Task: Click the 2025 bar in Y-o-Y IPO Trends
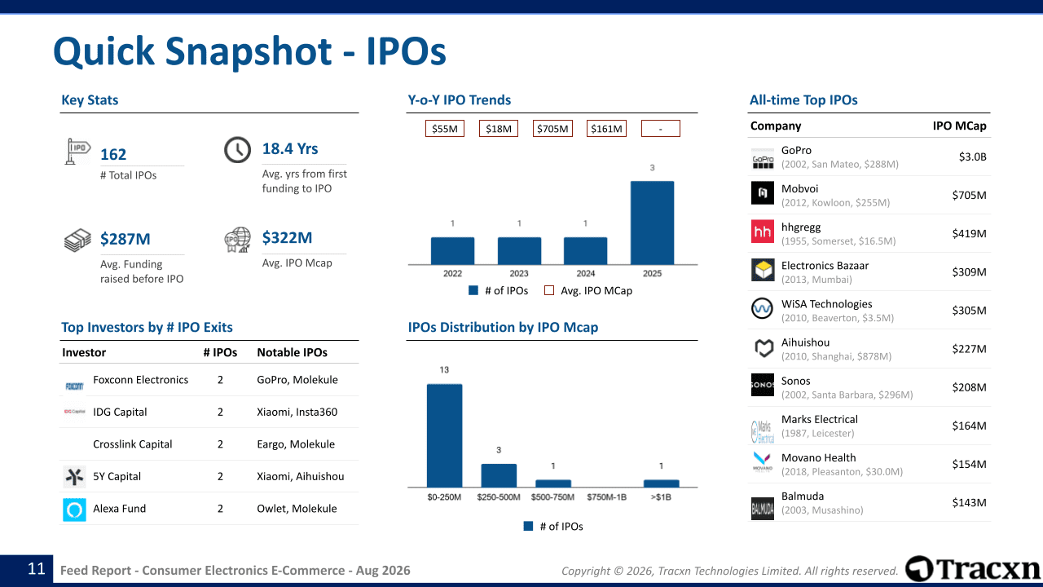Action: [652, 223]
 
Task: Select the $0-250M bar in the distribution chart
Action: [444, 435]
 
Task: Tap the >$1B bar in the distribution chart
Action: [661, 483]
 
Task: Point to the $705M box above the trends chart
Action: [552, 129]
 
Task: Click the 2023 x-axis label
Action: [519, 273]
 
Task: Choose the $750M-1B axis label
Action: [606, 497]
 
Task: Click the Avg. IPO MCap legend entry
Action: [588, 291]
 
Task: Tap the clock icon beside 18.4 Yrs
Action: [237, 149]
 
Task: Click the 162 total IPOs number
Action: [113, 154]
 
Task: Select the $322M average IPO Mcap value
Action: [287, 237]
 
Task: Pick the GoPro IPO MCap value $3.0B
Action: [972, 157]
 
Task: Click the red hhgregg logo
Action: [763, 232]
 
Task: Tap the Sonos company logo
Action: [763, 385]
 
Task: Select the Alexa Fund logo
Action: [74, 510]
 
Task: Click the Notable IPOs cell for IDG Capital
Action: [297, 412]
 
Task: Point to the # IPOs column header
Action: [220, 352]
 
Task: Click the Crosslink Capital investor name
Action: [132, 444]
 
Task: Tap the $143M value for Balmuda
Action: [969, 503]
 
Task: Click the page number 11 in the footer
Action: [37, 569]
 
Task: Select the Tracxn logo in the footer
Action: [972, 569]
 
